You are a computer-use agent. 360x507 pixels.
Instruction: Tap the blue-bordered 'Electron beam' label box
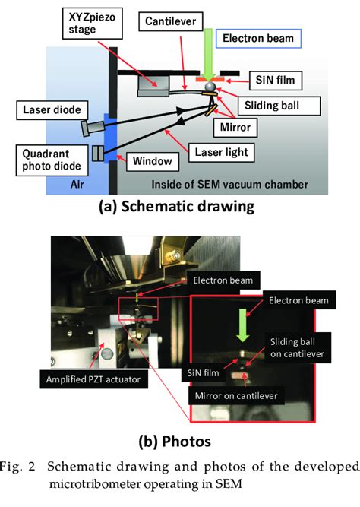[257, 39]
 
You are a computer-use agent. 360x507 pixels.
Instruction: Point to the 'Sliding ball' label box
[279, 102]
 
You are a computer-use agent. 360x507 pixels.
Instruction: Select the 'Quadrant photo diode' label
[43, 156]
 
